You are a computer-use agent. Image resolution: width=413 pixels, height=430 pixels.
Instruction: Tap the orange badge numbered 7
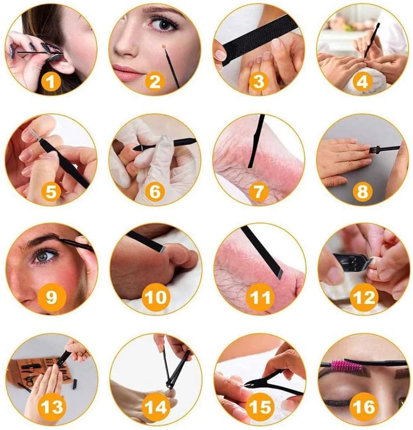[258, 191]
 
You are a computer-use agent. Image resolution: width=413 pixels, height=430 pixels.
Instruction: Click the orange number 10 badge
[155, 297]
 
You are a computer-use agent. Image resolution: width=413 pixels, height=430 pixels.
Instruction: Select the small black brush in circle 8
[376, 149]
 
